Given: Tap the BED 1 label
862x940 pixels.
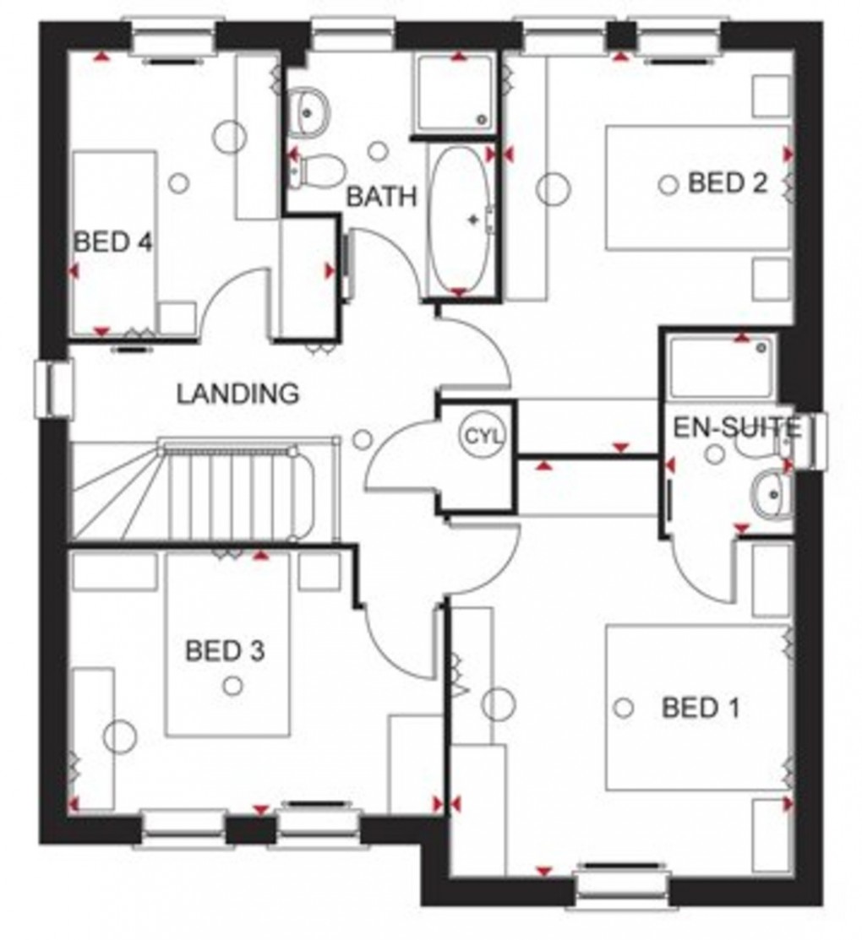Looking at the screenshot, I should [701, 708].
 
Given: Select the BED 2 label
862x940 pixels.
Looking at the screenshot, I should [728, 183].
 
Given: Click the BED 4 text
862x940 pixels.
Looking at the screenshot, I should [113, 243].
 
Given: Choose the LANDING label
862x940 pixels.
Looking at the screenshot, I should [237, 393].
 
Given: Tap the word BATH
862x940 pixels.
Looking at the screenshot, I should [382, 197].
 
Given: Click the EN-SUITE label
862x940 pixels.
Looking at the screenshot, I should [735, 428].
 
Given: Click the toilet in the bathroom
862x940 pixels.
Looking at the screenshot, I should [317, 171].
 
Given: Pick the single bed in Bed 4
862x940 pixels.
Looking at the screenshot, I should [116, 242].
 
